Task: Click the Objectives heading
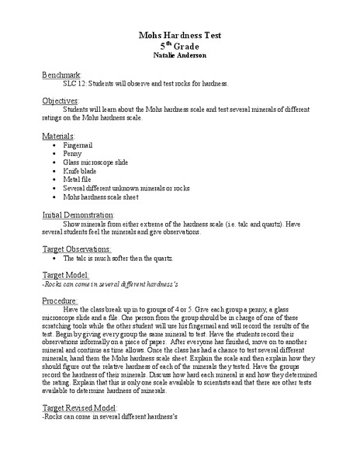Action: (x=61, y=101)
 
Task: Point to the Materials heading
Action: (x=58, y=135)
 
